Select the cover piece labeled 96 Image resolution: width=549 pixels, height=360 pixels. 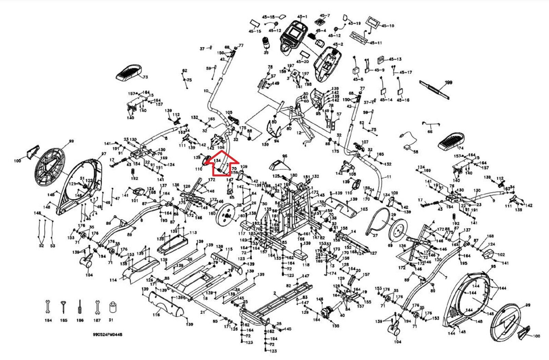coord(279,165)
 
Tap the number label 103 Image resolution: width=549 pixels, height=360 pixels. coord(364,209)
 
